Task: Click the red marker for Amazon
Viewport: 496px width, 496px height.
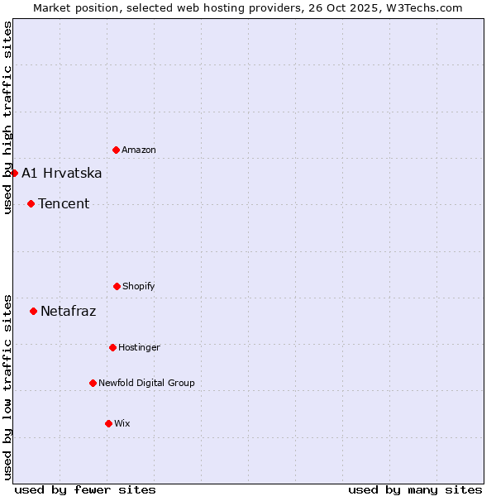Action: (x=116, y=150)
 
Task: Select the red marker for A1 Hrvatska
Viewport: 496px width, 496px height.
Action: (x=14, y=173)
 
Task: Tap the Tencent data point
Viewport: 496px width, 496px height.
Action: (x=31, y=203)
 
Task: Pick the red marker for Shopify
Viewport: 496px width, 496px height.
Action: (x=117, y=286)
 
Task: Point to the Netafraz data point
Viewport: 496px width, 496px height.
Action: (x=33, y=311)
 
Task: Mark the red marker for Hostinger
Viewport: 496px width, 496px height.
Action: (x=112, y=347)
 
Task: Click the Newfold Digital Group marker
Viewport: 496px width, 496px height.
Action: (x=93, y=383)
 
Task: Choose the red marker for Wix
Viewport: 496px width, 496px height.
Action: (x=108, y=423)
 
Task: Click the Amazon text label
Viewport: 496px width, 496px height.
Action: (x=139, y=150)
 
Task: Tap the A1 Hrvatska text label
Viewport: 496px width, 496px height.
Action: (x=62, y=173)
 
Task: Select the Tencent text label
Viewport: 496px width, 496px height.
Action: (x=64, y=203)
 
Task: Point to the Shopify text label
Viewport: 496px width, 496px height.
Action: (x=139, y=286)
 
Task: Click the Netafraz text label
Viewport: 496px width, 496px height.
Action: (x=69, y=311)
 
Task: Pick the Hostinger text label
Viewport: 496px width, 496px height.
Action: (x=139, y=347)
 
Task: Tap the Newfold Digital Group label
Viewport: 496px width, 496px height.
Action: (x=147, y=383)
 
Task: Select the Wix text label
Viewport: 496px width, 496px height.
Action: (x=122, y=423)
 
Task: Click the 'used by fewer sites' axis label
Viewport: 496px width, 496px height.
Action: (x=85, y=489)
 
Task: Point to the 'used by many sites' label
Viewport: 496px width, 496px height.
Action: (x=415, y=489)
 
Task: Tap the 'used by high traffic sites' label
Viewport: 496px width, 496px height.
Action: (x=7, y=117)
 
